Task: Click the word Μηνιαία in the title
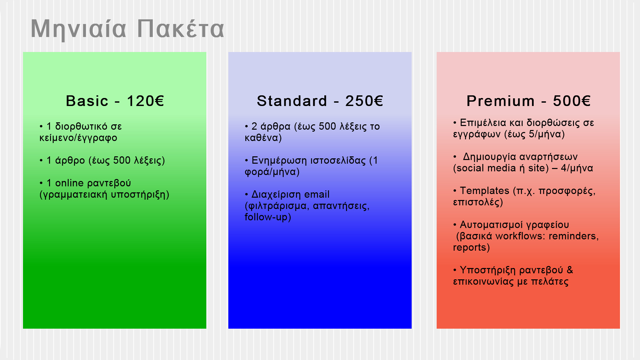(78, 29)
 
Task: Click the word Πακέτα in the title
(180, 29)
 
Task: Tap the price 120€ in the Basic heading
(145, 101)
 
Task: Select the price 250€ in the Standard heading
(364, 101)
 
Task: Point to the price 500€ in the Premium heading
(572, 101)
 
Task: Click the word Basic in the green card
(87, 101)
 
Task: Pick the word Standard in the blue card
(292, 101)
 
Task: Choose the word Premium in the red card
(500, 101)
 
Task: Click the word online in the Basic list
(69, 183)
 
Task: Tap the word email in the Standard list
(317, 194)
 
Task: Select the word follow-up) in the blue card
(268, 217)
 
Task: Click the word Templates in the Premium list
(485, 191)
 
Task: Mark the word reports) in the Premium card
(471, 248)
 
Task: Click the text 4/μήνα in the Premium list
(577, 168)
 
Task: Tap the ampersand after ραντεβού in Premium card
(570, 270)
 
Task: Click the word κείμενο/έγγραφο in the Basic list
(78, 138)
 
